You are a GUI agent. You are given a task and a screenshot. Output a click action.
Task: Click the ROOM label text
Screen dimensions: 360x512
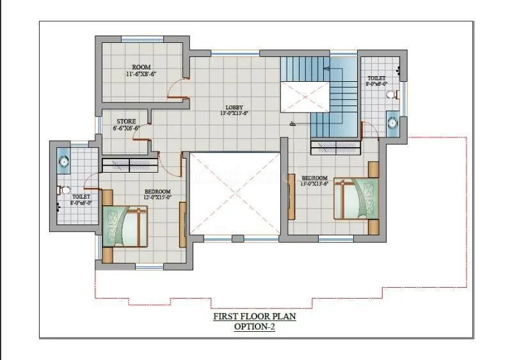point(141,67)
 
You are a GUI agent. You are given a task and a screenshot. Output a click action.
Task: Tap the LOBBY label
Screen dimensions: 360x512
point(234,107)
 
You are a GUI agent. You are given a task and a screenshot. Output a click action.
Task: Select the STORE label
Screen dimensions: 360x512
point(125,121)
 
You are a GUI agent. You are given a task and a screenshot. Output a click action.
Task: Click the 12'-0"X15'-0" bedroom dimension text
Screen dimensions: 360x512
point(157,198)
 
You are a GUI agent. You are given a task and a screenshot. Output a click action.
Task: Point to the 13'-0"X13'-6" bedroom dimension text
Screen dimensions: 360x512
point(315,184)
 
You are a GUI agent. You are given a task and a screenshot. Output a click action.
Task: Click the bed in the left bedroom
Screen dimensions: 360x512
point(125,225)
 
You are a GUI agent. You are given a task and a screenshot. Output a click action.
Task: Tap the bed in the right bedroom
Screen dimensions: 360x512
point(356,199)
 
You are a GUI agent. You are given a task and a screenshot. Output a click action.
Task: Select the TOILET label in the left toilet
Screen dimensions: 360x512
point(81,197)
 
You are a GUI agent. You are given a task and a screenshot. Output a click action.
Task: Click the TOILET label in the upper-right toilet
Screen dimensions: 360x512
point(376,78)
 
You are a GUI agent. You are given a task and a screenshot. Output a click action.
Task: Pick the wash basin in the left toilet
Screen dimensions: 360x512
point(63,160)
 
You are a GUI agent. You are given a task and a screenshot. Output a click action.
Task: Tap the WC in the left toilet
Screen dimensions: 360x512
point(64,190)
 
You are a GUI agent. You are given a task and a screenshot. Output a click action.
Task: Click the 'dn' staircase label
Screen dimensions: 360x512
point(292,123)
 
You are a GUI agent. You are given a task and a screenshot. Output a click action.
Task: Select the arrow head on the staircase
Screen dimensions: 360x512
point(327,68)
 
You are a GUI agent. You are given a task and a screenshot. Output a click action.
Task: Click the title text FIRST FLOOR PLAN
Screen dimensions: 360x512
point(255,316)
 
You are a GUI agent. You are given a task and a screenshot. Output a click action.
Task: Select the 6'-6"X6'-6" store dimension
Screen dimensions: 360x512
point(126,128)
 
